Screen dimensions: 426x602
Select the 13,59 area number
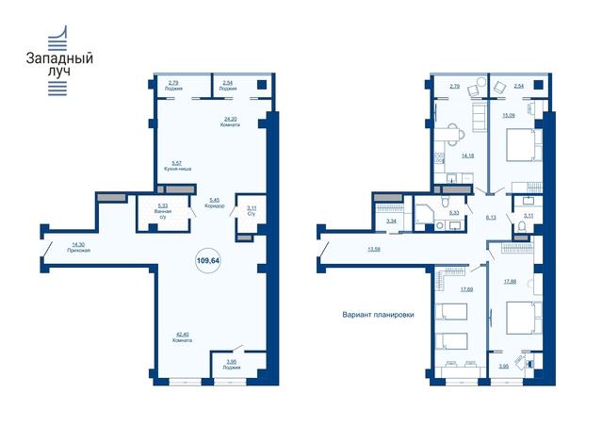click(375, 250)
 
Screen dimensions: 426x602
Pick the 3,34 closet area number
click(392, 222)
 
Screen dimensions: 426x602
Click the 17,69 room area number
click(466, 289)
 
